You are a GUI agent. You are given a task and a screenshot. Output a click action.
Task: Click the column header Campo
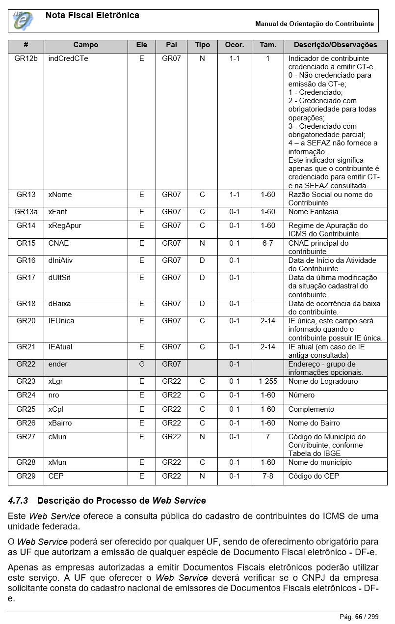[x=86, y=45]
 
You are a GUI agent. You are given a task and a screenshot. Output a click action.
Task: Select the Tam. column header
[x=267, y=45]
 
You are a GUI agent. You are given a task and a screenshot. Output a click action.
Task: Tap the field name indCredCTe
[x=68, y=58]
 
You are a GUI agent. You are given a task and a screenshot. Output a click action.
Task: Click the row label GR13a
[x=26, y=212]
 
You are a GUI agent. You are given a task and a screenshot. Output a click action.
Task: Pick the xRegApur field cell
[x=65, y=226]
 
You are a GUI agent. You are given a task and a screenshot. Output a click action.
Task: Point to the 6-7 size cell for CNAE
[x=267, y=243]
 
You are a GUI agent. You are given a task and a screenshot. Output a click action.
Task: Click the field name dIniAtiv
[x=60, y=260]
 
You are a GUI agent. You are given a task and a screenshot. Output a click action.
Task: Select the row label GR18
[x=26, y=304]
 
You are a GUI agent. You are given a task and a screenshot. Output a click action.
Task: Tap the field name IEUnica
[x=61, y=321]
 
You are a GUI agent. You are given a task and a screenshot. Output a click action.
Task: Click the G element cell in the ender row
[x=141, y=364]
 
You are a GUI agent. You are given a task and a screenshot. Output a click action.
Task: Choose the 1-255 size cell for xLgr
[x=267, y=381]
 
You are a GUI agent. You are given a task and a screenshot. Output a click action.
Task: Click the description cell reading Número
[x=301, y=395]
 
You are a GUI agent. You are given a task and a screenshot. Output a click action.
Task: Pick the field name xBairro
[x=60, y=423]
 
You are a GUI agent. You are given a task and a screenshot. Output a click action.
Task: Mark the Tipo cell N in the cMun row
[x=202, y=437]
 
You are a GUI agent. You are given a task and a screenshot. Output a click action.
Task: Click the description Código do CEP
[x=314, y=476]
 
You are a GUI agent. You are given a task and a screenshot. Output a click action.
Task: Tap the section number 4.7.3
[x=18, y=501]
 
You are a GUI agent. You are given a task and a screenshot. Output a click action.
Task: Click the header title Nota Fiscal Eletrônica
[x=92, y=16]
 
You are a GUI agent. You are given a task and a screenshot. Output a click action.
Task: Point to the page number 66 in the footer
[x=358, y=617]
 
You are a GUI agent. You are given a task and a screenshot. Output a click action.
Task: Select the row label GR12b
[x=26, y=58]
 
